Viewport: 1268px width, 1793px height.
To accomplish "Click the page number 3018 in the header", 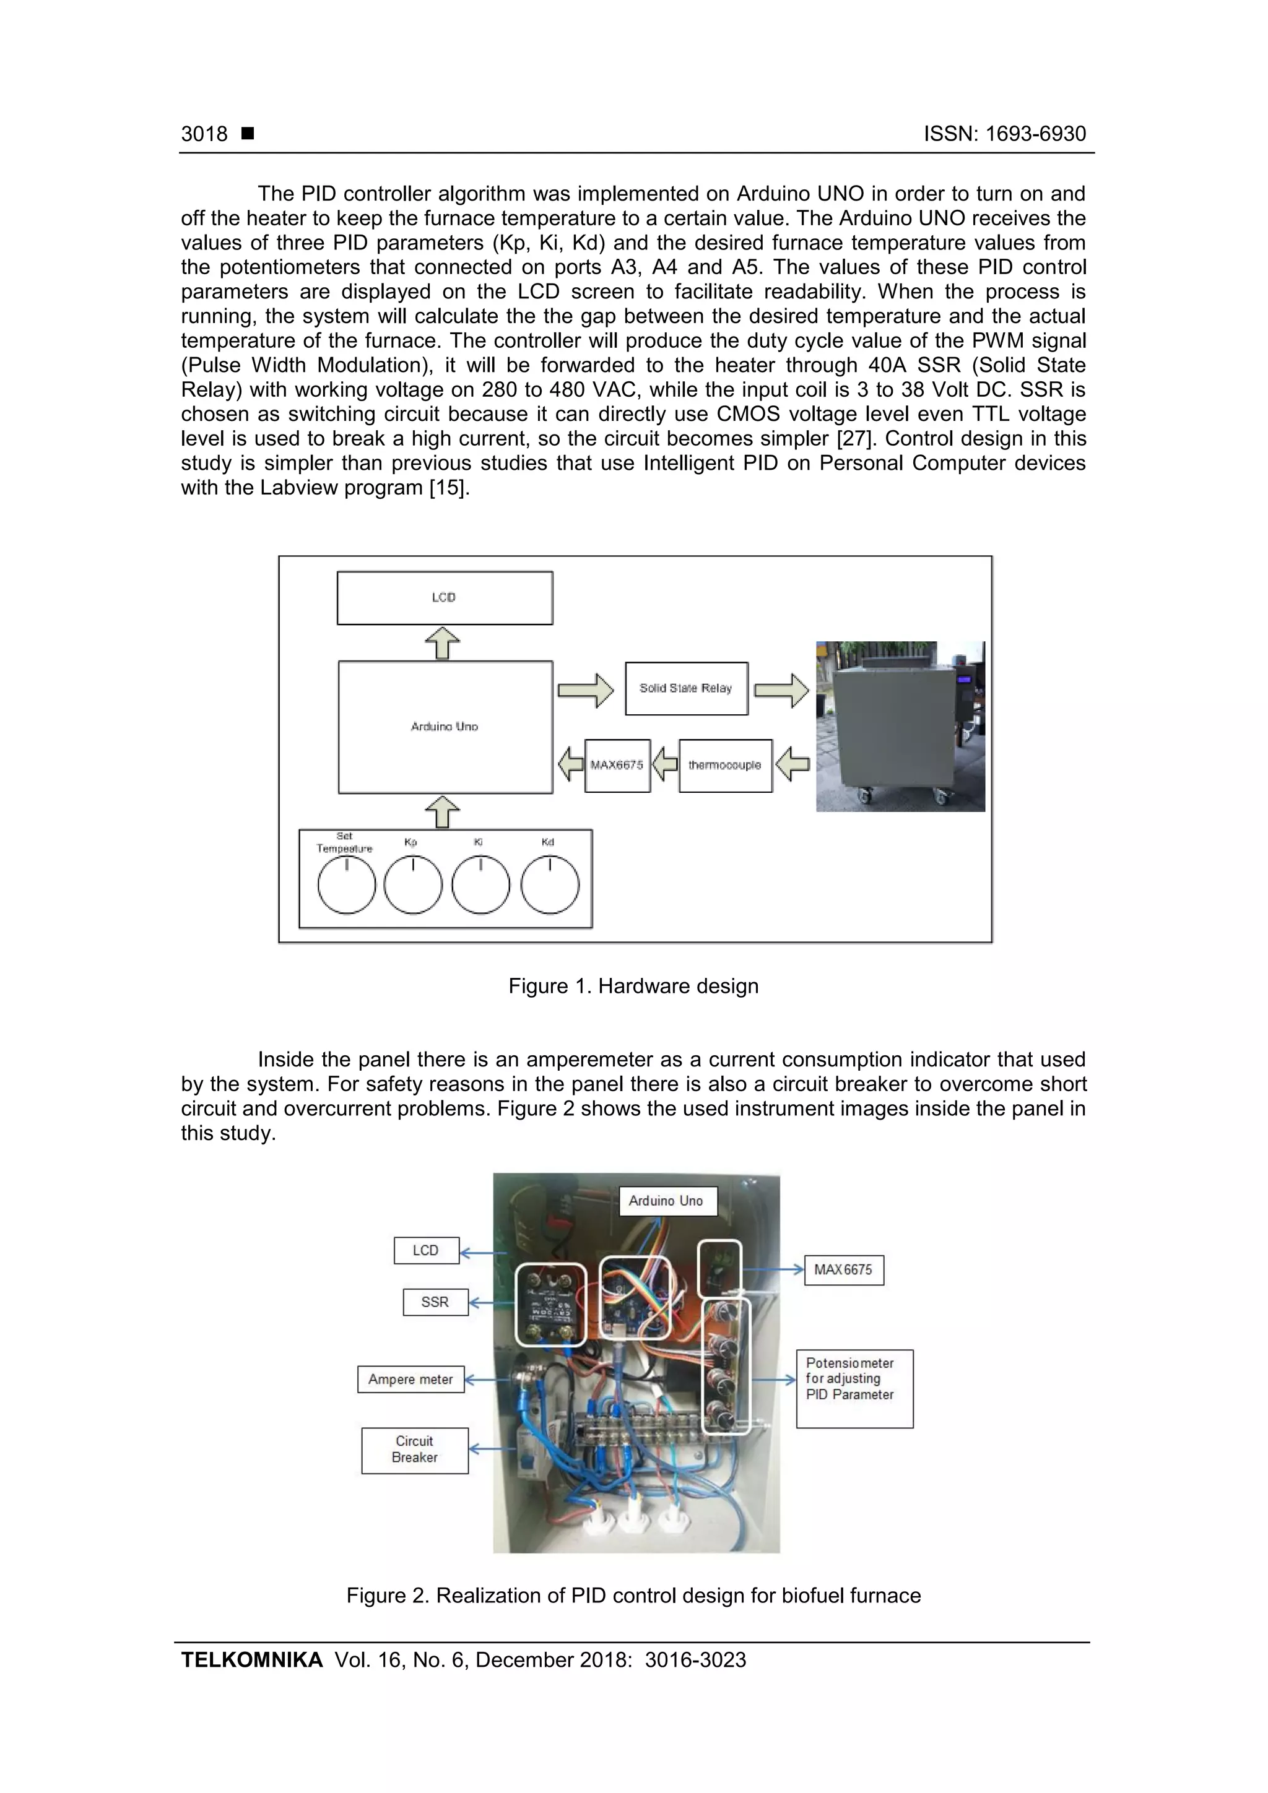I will (x=204, y=134).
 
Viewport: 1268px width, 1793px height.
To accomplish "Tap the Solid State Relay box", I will (x=686, y=689).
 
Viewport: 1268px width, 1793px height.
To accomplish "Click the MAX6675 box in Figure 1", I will (x=617, y=766).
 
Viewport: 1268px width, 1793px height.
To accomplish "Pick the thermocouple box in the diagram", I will (x=725, y=766).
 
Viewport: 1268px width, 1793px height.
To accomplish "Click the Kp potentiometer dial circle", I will (x=414, y=885).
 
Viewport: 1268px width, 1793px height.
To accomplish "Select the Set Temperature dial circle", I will (x=346, y=885).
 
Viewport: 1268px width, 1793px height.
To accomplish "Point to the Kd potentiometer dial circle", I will (x=550, y=885).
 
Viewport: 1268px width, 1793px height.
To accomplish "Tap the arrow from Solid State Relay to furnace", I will (x=781, y=690).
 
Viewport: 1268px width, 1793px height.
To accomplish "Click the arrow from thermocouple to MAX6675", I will (x=665, y=764).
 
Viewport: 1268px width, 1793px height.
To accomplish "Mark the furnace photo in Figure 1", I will (x=900, y=726).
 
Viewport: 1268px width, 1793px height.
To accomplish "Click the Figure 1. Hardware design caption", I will (x=633, y=987).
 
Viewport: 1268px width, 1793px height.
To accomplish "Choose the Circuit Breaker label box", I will (x=415, y=1450).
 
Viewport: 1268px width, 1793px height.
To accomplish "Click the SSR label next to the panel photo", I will (x=435, y=1302).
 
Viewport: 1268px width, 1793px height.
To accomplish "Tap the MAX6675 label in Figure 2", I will (x=843, y=1270).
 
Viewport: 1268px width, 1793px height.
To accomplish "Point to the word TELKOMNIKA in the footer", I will (x=251, y=1661).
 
